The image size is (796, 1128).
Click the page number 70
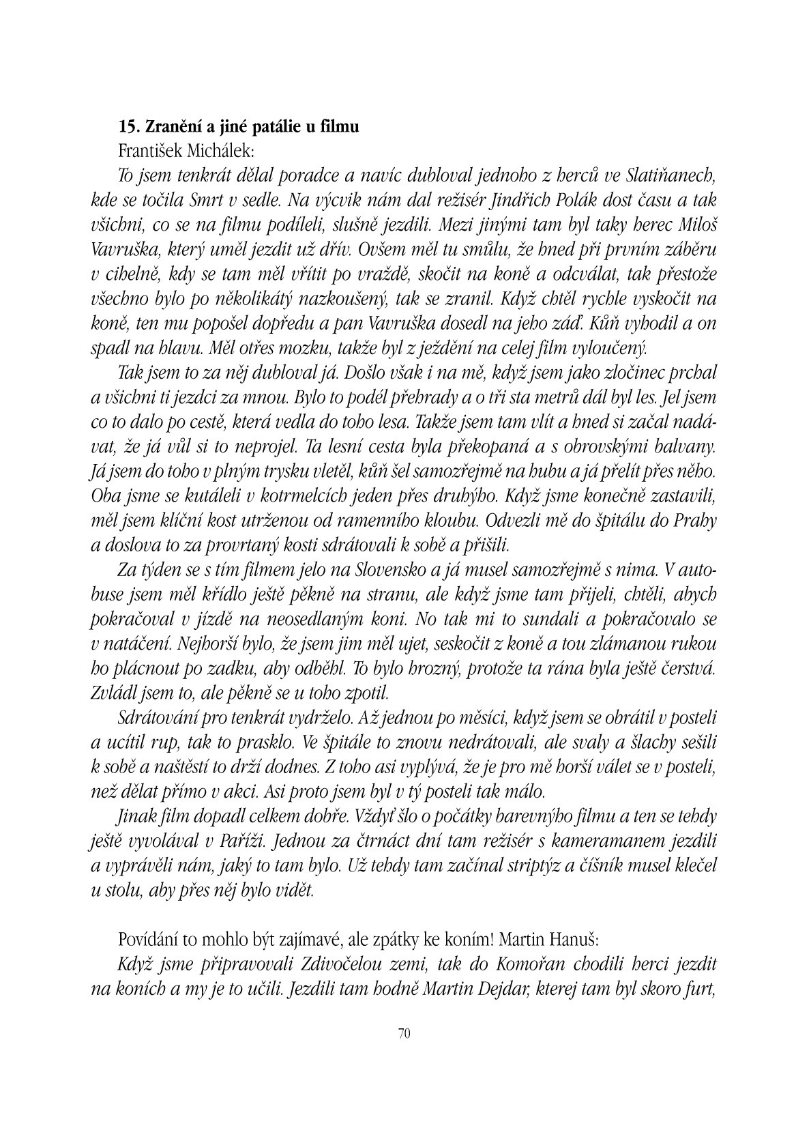click(402, 1033)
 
